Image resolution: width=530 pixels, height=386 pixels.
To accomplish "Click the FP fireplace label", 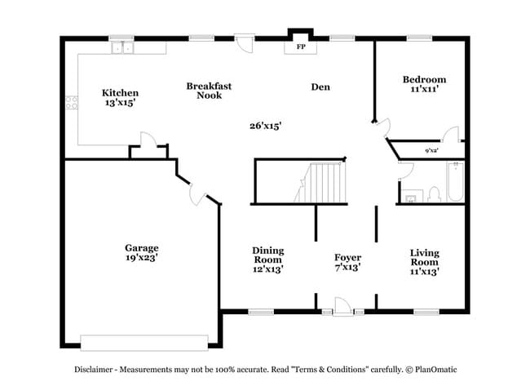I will coord(300,47).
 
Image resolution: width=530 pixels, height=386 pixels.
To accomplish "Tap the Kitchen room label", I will coord(120,93).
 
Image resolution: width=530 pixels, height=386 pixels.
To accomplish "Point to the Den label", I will coord(320,87).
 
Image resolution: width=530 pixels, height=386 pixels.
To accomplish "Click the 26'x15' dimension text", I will coord(265,125).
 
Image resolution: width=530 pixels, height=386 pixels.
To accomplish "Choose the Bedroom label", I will coord(424,80).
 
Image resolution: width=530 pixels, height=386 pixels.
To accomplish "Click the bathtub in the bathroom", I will coord(454,183).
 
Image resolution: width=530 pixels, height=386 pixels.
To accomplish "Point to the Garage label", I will coord(141,248).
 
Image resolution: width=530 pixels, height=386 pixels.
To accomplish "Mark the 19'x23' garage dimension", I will coord(141,258).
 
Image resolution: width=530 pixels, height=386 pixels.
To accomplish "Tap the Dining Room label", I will coord(267,255).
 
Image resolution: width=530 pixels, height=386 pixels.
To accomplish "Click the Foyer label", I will coord(347,258).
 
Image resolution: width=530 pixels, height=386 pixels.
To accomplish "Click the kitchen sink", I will coord(121,48).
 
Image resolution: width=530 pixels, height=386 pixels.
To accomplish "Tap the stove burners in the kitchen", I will coord(71,104).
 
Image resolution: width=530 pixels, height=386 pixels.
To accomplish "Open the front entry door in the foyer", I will coord(342,308).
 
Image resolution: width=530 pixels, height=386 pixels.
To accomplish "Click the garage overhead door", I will coord(145,342).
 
